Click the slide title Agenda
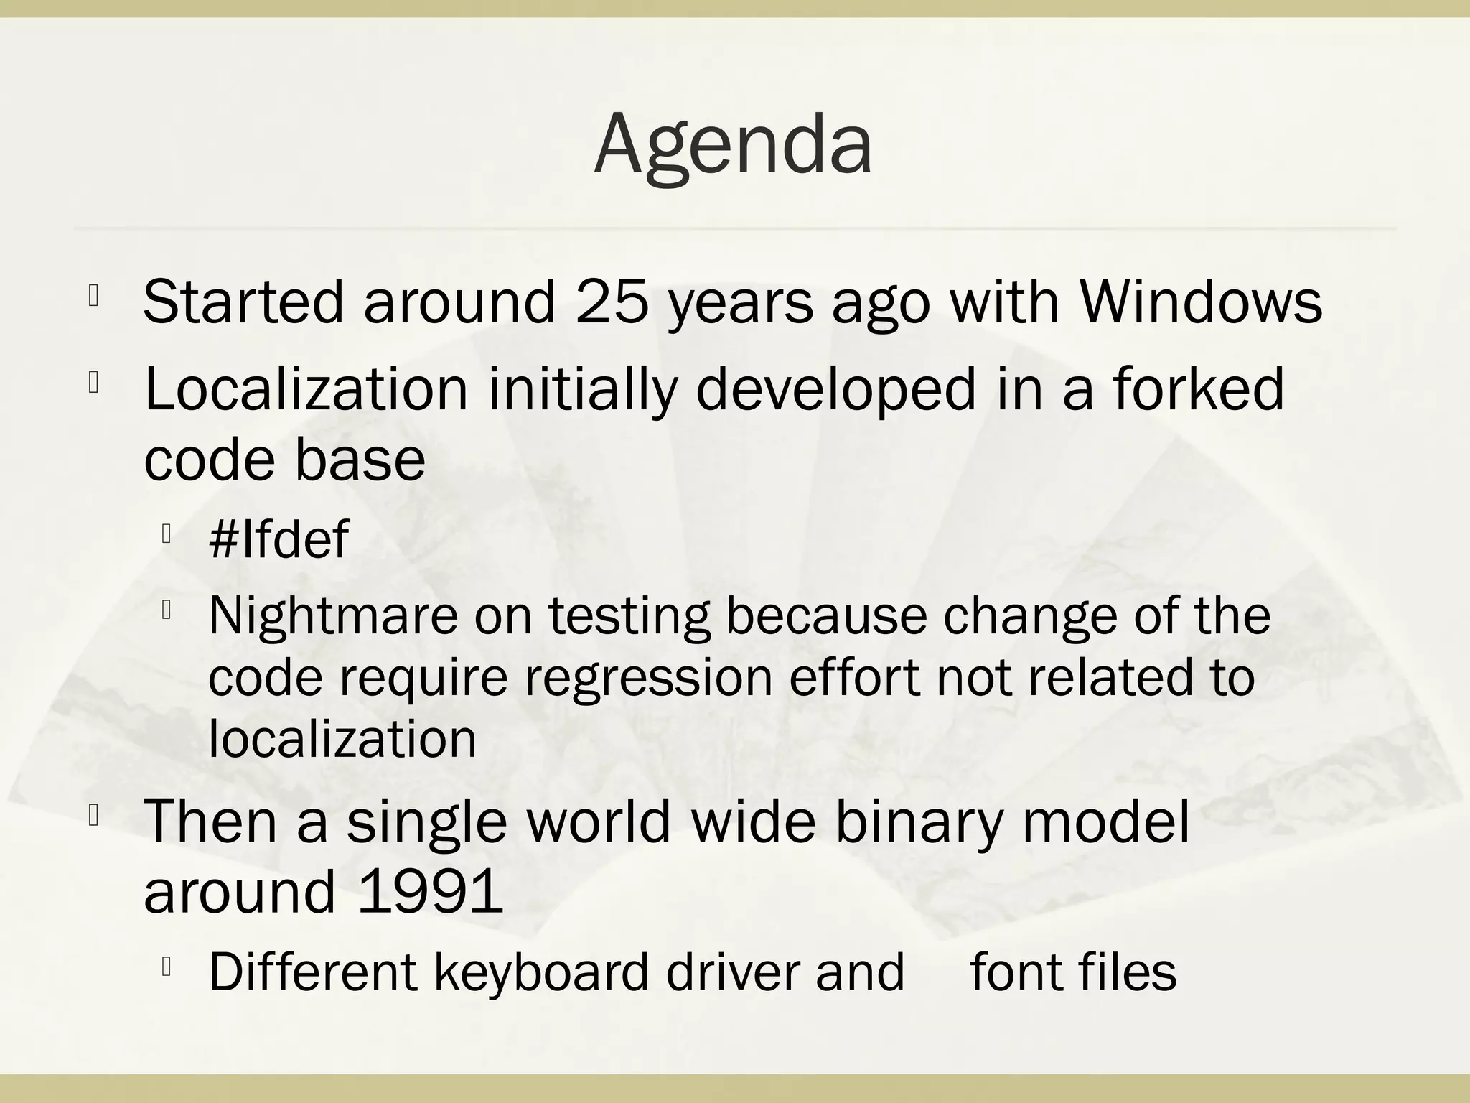[x=734, y=144]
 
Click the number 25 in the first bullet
[x=612, y=302]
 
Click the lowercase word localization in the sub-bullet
[x=342, y=739]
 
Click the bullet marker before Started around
[x=93, y=296]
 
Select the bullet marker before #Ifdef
[x=166, y=534]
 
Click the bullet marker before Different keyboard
[x=166, y=967]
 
